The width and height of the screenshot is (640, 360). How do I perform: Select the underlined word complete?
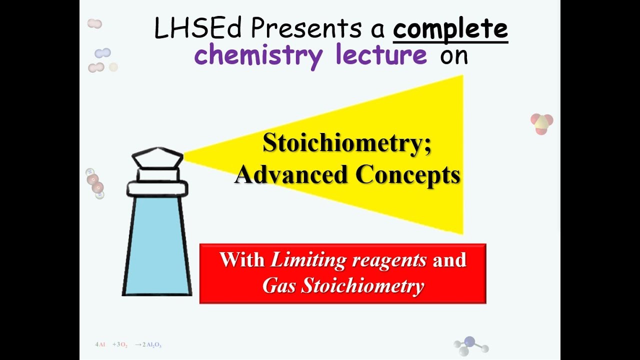click(450, 28)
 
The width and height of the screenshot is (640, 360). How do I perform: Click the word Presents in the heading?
click(305, 28)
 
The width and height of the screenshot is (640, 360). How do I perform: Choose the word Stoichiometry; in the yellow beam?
click(347, 143)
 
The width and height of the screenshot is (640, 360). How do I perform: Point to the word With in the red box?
click(242, 260)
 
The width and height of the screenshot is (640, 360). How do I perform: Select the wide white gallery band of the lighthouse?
click(157, 188)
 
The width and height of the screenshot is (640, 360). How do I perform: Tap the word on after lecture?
click(453, 55)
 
